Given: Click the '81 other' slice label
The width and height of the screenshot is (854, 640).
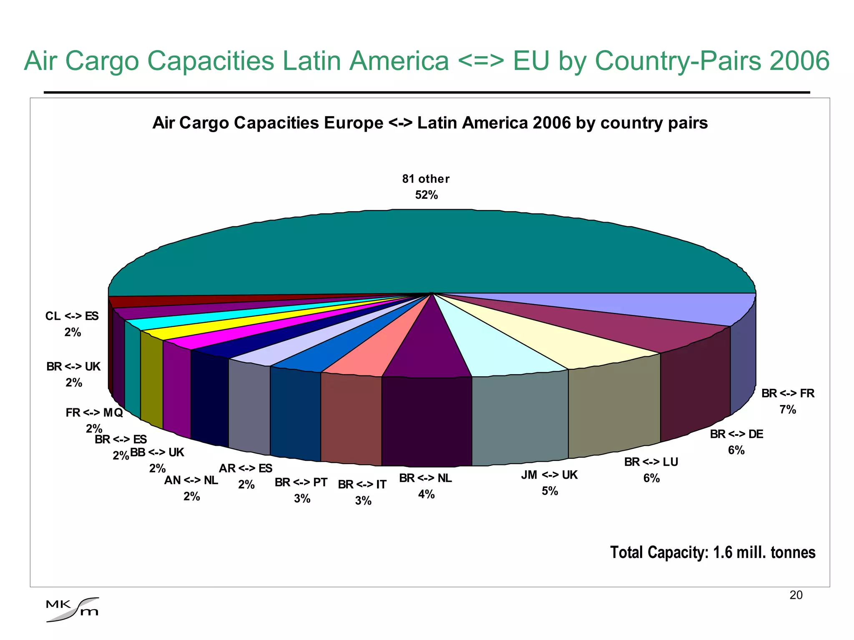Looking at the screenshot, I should tap(426, 179).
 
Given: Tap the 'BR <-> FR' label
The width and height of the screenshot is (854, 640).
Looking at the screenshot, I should tap(787, 393).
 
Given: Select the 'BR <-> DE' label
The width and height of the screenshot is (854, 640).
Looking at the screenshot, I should tap(736, 434).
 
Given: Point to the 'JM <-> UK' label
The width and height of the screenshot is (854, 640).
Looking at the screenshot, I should tap(549, 475).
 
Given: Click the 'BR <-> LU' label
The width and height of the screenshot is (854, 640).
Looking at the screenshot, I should tap(651, 462).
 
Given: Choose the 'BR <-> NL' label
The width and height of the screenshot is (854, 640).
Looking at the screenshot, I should tap(425, 478).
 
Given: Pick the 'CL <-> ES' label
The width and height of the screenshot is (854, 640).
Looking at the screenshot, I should tap(72, 316).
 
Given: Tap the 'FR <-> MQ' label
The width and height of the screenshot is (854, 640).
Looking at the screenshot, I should tap(94, 412).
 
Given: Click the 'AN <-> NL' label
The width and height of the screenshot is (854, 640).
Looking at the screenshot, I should tap(191, 480).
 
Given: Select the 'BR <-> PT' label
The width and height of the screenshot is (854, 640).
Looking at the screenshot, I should tap(301, 482).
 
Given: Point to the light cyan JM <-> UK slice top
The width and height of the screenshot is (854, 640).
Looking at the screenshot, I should tap(496, 350).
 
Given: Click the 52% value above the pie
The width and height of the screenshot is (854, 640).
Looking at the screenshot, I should tap(426, 195).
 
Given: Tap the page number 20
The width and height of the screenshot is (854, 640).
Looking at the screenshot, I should tap(796, 595).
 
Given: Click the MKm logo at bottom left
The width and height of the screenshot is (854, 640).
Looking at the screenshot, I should tap(73, 610).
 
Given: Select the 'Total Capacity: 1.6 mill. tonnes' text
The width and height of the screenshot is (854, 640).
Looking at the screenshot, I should tap(712, 552).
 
